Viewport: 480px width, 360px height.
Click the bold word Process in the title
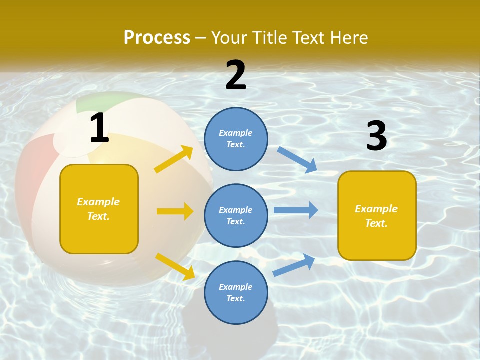(157, 38)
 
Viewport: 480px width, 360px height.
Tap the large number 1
(99, 128)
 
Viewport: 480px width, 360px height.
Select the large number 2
(236, 75)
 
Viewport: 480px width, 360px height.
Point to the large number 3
(376, 136)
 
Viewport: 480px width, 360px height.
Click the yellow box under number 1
(99, 209)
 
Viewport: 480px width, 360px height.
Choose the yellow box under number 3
(377, 215)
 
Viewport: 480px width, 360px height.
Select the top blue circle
(236, 139)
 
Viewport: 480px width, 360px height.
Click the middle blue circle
(236, 215)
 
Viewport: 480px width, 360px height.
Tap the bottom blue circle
(236, 292)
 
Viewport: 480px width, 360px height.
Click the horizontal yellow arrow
(175, 211)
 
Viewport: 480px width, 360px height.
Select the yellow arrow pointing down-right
(175, 266)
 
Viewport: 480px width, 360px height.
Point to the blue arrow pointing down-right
(297, 159)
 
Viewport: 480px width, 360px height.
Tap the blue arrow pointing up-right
(294, 265)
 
